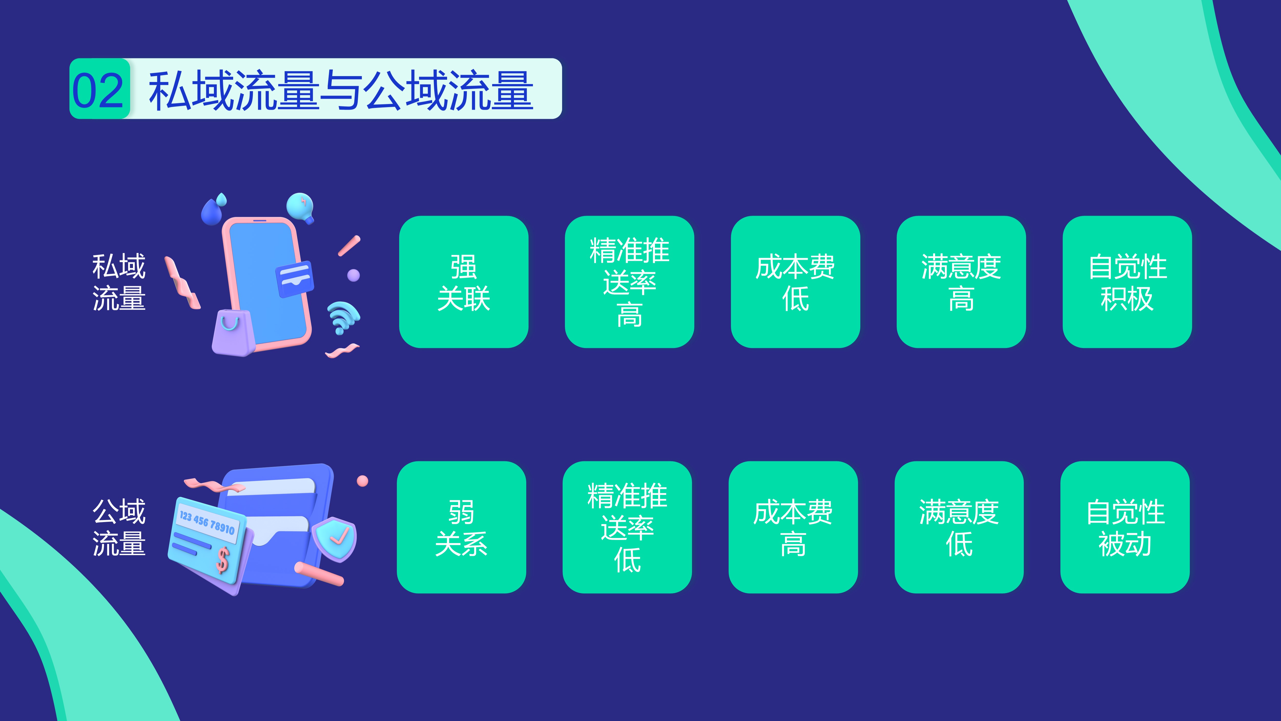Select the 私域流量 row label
[119, 282]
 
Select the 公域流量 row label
[119, 527]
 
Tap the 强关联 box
[463, 282]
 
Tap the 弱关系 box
[461, 527]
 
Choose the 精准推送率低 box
[627, 527]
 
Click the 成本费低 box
[795, 282]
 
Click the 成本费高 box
[793, 527]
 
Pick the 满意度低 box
[959, 527]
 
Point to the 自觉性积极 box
[1127, 282]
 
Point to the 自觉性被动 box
[1125, 527]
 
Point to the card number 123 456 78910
[207, 522]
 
